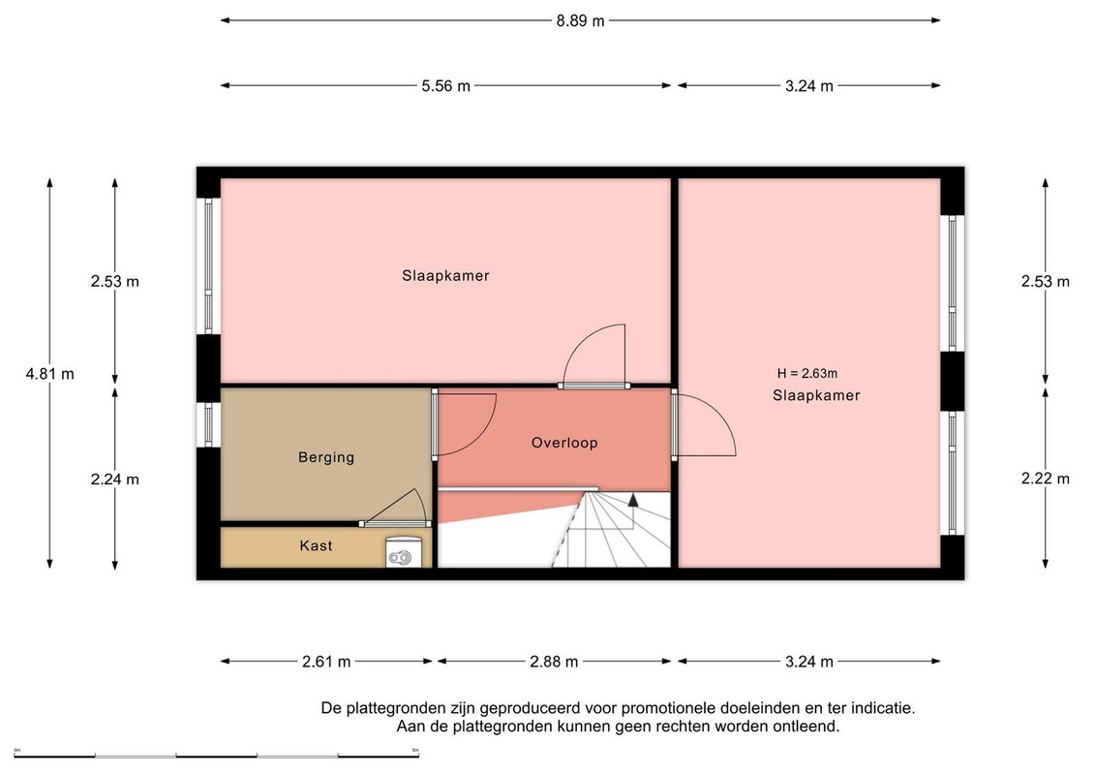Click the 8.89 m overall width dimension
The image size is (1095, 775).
[x=580, y=21]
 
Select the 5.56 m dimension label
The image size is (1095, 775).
[x=446, y=86]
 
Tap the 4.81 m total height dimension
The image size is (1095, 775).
[x=49, y=374]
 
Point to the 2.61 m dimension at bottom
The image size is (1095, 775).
[x=326, y=661]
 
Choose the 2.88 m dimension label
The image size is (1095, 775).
[x=554, y=661]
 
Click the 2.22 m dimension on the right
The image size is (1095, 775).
[x=1046, y=479]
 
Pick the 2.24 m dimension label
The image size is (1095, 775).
[x=115, y=480]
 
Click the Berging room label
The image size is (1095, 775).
[x=326, y=457]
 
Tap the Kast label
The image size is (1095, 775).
[x=316, y=545]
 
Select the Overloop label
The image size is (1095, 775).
[x=564, y=443]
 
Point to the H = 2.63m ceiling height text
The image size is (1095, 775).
[x=807, y=374]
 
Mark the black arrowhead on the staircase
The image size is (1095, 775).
[x=633, y=500]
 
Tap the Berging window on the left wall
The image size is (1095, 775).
[x=209, y=424]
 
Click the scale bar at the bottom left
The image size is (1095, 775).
[x=216, y=756]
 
